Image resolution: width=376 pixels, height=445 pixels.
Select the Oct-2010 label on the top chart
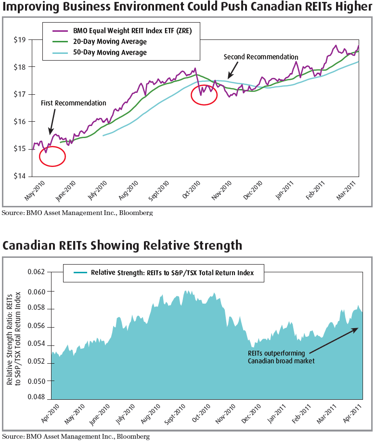click(191, 189)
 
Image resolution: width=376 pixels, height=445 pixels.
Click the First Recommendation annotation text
click(73, 103)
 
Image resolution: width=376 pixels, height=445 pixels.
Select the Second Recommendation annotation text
click(261, 57)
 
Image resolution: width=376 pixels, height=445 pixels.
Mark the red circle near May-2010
click(52, 156)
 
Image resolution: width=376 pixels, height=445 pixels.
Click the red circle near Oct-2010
click(204, 94)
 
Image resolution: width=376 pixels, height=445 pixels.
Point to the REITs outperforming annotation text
click(281, 357)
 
